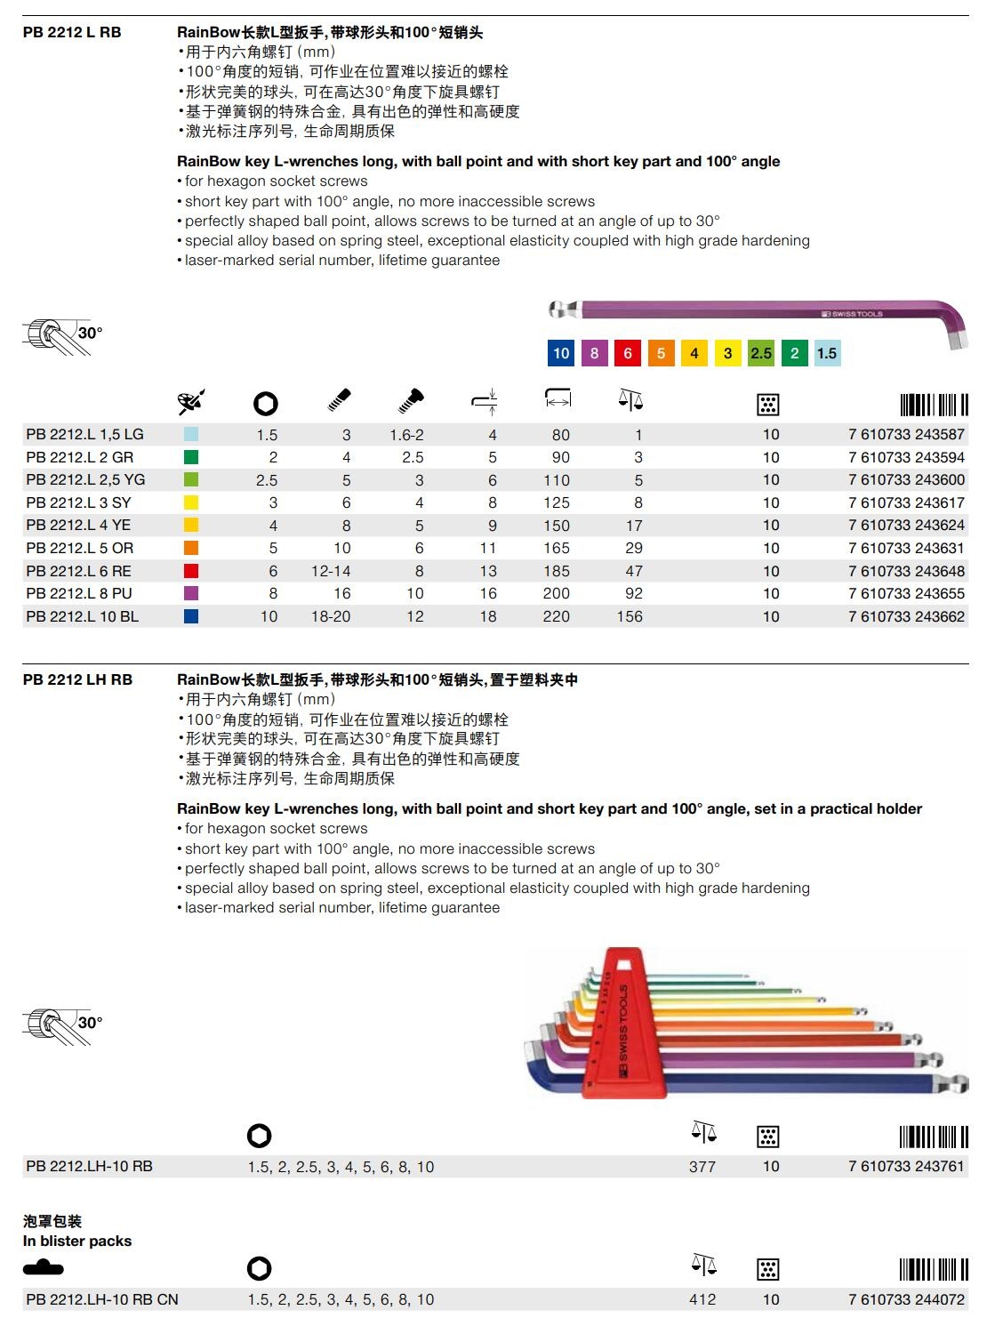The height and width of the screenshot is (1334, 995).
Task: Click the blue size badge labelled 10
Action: coord(560,353)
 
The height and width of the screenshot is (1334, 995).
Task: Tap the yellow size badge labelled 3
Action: coord(727,353)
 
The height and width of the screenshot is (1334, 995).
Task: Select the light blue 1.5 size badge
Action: coord(827,353)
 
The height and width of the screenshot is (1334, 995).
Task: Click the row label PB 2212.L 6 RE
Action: coord(78,571)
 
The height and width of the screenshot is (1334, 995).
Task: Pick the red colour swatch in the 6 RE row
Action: coord(191,571)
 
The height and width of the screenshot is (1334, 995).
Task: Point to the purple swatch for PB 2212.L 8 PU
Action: coord(191,593)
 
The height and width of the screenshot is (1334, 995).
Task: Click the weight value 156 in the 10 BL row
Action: coord(630,616)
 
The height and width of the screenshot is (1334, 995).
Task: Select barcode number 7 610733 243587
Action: coord(906,435)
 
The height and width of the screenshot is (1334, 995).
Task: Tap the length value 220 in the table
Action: coord(557,616)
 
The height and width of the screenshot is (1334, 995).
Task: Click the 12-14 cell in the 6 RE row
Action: coord(331,571)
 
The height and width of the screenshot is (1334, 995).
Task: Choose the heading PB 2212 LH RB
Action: coord(78,680)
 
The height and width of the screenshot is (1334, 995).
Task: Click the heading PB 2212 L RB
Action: coord(72,33)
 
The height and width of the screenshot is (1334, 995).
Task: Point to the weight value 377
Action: coord(702,1167)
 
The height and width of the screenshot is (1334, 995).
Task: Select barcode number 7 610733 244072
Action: coord(906,1299)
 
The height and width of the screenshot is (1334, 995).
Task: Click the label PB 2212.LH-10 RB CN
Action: coord(102,1299)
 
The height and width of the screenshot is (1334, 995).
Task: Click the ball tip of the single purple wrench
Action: coord(558,310)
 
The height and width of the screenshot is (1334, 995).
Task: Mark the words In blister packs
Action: coord(77,1241)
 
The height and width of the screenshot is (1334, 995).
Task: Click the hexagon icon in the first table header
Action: coord(265,404)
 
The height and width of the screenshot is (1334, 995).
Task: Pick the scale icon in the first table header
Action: coord(630,401)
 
